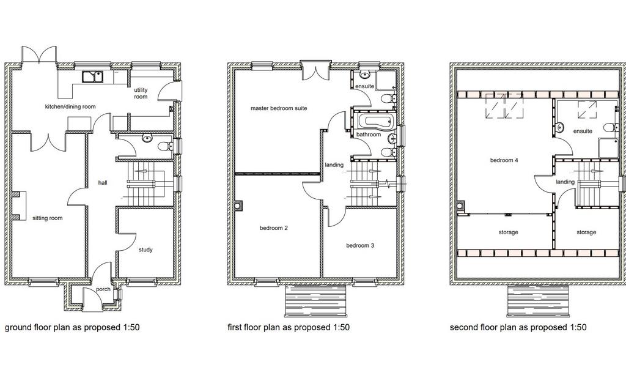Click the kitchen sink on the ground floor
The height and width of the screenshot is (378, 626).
click(x=93, y=76)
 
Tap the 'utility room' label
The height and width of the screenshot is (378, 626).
click(x=141, y=93)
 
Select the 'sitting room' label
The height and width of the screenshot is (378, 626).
click(x=48, y=218)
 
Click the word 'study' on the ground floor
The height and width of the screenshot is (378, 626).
click(x=145, y=250)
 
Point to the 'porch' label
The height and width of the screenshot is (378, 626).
click(x=103, y=289)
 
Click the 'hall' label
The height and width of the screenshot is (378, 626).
click(x=103, y=183)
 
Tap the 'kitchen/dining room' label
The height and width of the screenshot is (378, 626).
click(x=70, y=106)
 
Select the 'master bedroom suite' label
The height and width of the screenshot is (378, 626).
click(x=279, y=108)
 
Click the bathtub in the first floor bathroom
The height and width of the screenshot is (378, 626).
click(x=375, y=120)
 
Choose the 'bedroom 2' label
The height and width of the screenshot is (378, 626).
click(x=273, y=228)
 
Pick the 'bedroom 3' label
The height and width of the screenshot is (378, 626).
click(x=360, y=245)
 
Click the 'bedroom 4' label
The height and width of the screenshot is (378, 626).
click(x=504, y=160)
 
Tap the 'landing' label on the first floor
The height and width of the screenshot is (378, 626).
click(x=334, y=165)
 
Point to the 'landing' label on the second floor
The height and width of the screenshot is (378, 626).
click(x=565, y=182)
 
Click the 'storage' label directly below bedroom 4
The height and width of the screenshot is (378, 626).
click(x=508, y=232)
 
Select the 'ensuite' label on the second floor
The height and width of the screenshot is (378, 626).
click(x=583, y=131)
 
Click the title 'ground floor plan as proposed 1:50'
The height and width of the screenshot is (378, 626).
click(x=72, y=327)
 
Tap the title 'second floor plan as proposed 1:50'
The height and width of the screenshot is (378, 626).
click(x=518, y=327)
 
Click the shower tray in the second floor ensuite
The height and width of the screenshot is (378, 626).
click(x=608, y=148)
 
